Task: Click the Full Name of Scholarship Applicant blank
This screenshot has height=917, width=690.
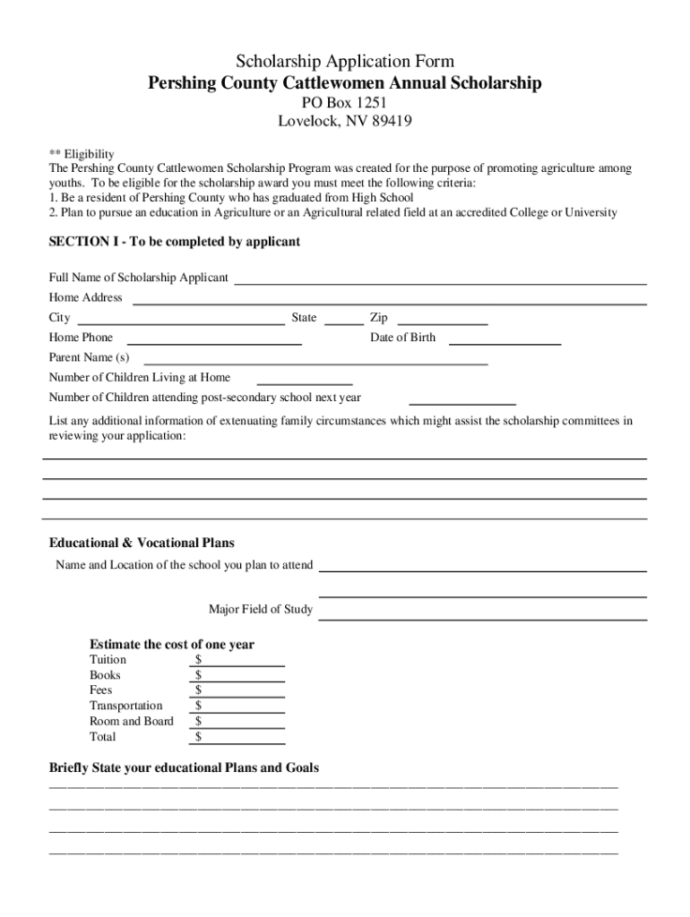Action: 440,279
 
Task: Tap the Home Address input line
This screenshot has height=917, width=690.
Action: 390,300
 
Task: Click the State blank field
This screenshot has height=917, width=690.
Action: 343,320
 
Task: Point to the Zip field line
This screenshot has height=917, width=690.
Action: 442,320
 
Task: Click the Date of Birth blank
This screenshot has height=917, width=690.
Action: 505,340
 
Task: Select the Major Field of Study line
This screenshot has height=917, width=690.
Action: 483,614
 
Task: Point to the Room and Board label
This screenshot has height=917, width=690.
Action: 132,721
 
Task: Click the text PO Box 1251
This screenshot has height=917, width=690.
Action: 345,103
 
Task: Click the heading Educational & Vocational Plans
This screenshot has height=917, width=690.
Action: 142,543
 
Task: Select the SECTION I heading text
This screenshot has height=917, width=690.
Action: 174,242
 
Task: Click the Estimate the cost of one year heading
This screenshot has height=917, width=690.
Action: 172,645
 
